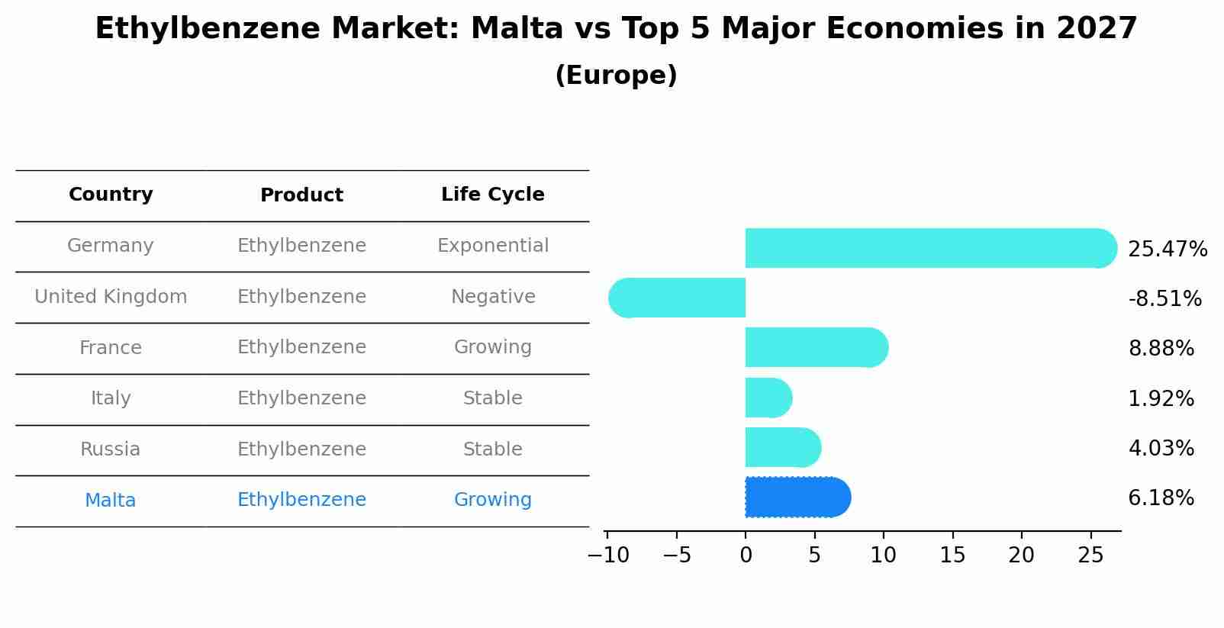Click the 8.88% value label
coord(1161,349)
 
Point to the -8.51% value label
coord(1164,299)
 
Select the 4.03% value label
coord(1161,449)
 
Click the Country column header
coord(111,195)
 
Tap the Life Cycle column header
coord(492,195)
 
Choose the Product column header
coord(301,195)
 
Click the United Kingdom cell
coord(111,297)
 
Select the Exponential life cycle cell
coord(492,246)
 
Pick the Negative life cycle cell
coord(492,297)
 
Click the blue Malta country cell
coord(111,501)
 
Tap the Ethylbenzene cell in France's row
coord(301,347)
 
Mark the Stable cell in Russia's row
coord(492,449)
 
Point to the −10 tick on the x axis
coord(608,556)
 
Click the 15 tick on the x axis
coord(952,556)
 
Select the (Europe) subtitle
coord(616,76)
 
